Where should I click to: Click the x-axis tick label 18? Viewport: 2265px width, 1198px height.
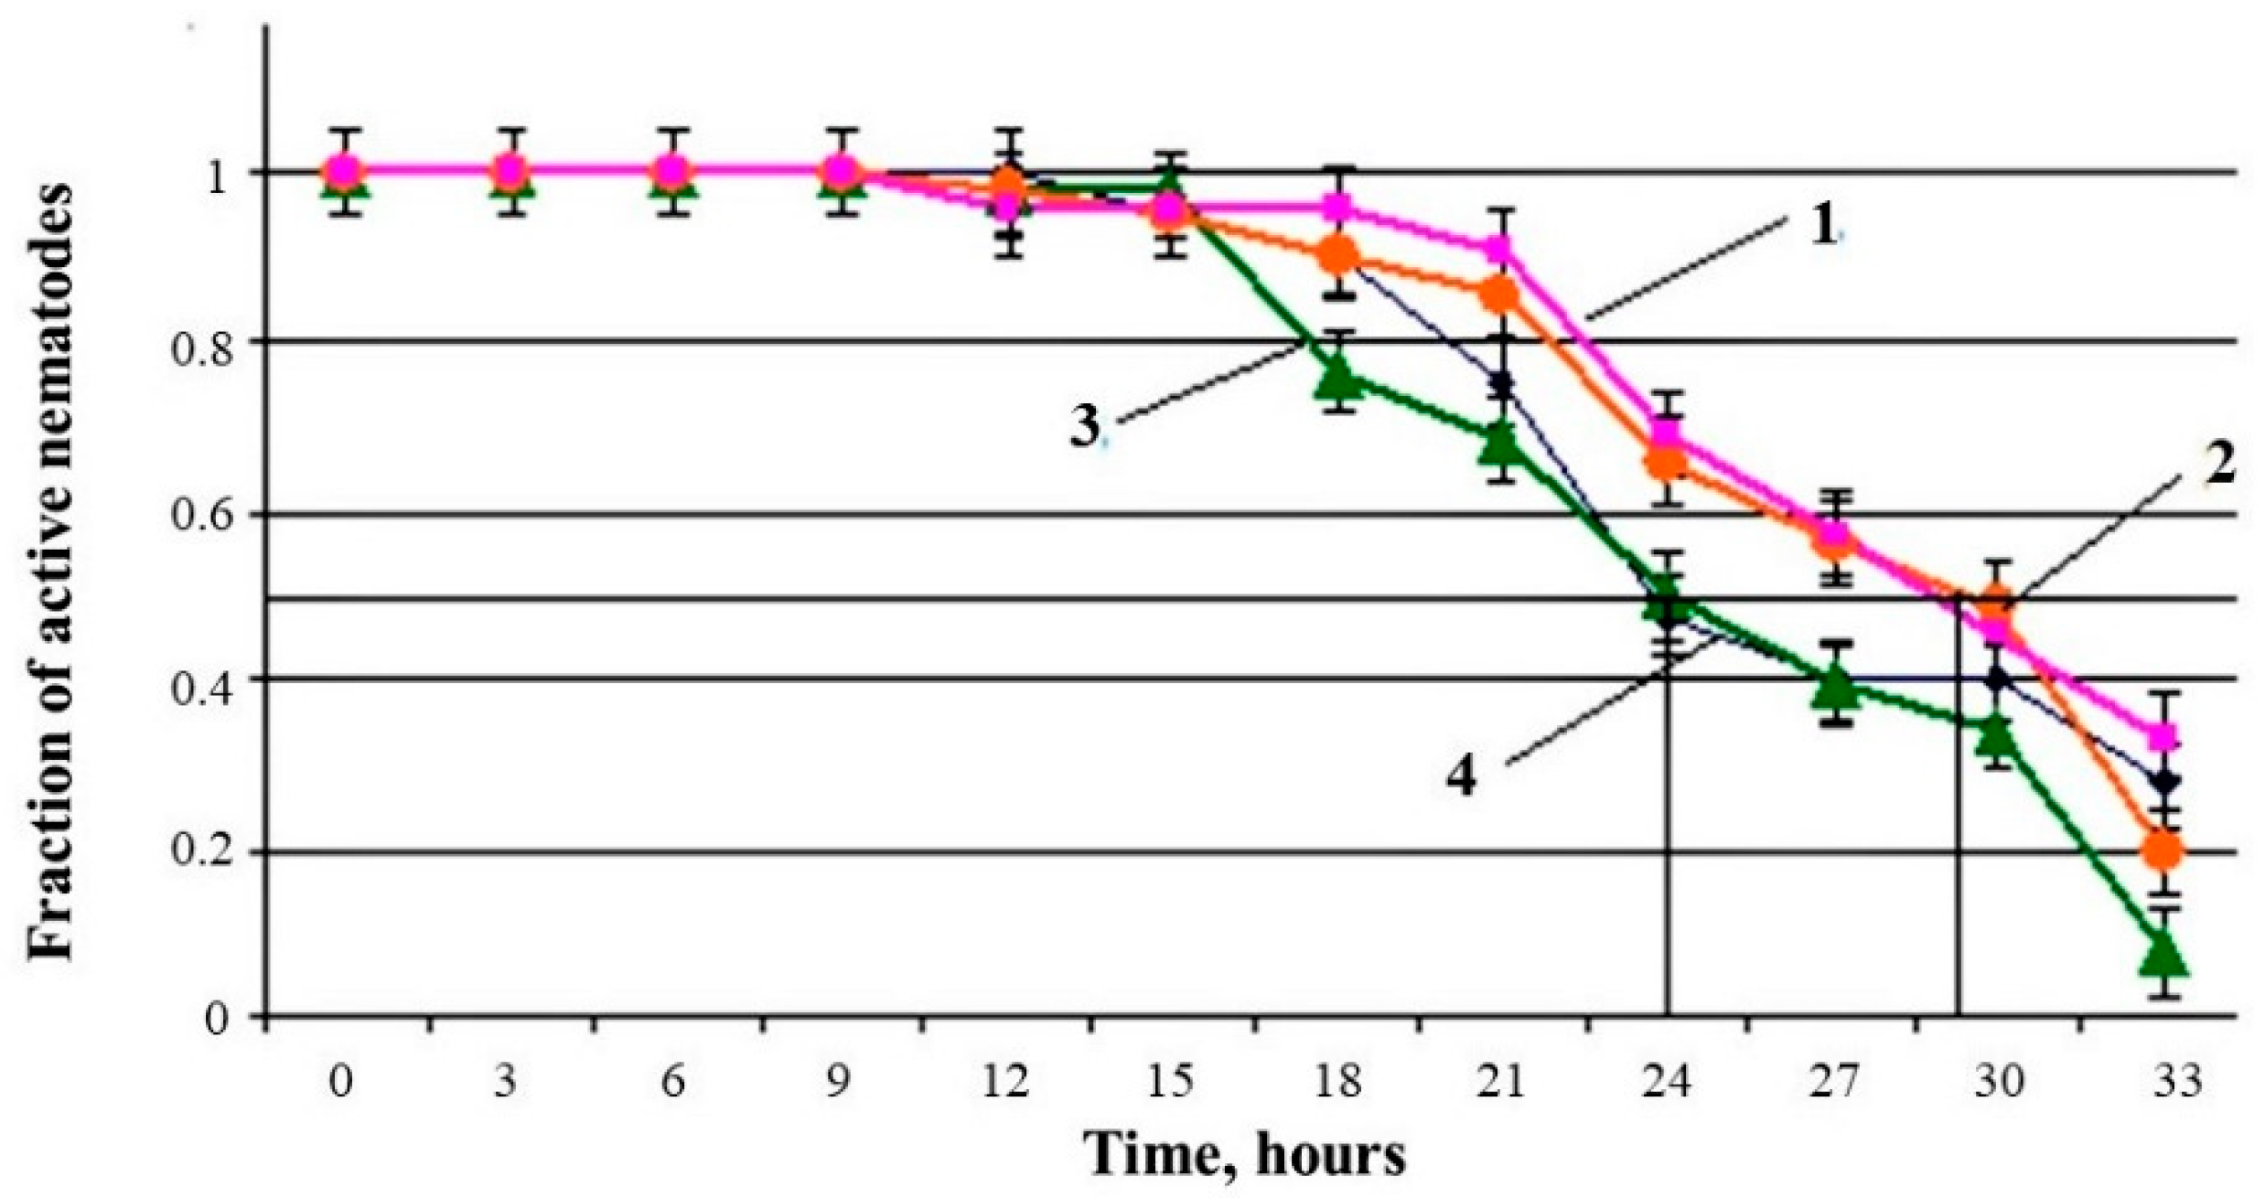point(1338,1082)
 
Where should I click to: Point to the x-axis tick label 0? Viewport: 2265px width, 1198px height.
point(340,1082)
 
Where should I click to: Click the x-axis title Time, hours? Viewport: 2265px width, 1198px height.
point(1245,1155)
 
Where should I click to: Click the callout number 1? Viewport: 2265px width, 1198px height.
point(1823,226)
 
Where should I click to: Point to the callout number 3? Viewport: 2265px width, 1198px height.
point(1085,427)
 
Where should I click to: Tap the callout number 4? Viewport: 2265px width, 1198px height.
point(1461,776)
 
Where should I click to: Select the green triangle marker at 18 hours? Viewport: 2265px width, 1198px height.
point(1338,377)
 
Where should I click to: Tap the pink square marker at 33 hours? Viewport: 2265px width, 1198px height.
point(2164,736)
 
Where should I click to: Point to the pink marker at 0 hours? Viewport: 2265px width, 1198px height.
point(343,171)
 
